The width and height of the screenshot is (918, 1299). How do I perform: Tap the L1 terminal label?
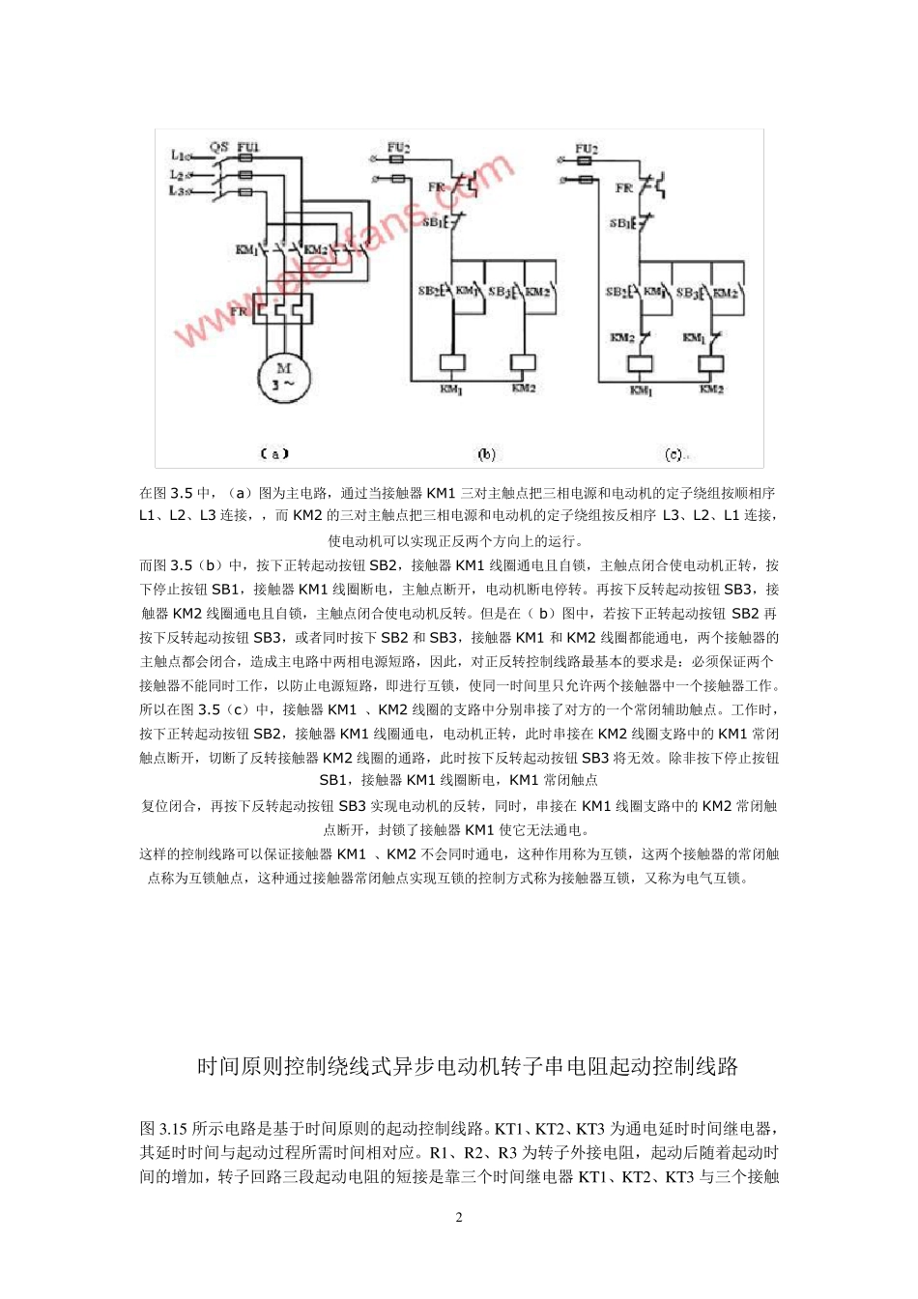pos(180,155)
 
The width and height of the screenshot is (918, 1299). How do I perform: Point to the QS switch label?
pos(219,147)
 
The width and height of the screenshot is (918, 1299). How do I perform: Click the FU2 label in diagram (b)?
pos(398,148)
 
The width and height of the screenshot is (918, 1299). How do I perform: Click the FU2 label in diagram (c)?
pos(587,149)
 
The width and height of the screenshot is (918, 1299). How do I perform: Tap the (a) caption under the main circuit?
pos(274,452)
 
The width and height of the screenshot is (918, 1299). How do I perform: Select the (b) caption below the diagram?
pos(486,453)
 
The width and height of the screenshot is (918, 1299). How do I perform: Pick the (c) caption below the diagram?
pos(674,453)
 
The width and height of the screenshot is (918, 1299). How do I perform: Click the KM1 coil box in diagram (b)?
pos(451,363)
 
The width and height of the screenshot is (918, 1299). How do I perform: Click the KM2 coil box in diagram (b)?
pos(523,363)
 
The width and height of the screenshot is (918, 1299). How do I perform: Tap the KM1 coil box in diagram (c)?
pos(641,364)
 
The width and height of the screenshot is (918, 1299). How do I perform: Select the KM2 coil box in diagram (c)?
pos(711,364)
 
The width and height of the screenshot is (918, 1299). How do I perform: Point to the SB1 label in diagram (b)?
pos(431,222)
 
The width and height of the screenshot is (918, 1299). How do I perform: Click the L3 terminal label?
pos(179,191)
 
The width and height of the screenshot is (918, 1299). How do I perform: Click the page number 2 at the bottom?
pos(459,1217)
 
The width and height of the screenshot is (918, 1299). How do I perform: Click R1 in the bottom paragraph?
pos(441,1152)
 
